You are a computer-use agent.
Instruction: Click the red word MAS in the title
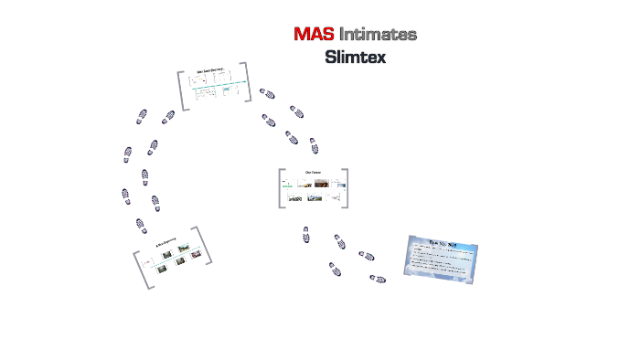coord(314,35)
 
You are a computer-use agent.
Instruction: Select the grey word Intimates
coord(379,35)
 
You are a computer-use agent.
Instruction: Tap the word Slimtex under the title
coord(356,57)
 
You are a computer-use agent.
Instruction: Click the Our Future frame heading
coord(313,172)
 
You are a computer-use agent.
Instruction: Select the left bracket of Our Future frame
coord(281,188)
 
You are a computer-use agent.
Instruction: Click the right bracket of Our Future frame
coord(346,188)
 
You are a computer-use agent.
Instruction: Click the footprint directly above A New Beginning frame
coord(140,226)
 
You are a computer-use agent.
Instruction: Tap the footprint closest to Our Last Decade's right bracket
coord(267,93)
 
